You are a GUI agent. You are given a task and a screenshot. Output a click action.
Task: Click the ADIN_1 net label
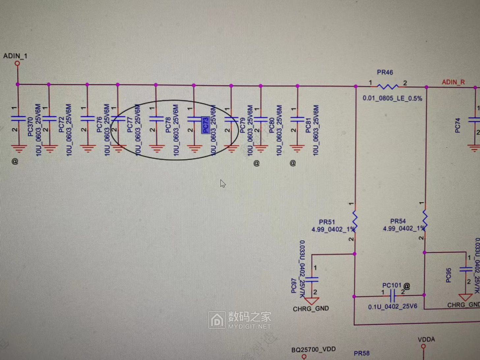tap(15, 56)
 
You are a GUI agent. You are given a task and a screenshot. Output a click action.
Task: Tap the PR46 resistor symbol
tap(387, 86)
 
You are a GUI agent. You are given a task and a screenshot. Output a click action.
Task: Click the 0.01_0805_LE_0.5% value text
tap(392, 98)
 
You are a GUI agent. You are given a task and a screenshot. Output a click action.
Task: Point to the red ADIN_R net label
tap(453, 82)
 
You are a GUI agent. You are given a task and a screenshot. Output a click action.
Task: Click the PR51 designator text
tap(327, 222)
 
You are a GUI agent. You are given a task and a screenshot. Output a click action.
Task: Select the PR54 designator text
tap(398, 221)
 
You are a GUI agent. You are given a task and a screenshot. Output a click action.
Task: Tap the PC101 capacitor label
tap(392, 285)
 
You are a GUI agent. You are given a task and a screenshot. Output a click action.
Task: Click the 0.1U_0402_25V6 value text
tap(392, 307)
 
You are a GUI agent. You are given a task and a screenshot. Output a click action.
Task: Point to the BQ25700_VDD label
tap(313, 349)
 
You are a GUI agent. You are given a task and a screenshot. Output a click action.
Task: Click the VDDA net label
tap(426, 340)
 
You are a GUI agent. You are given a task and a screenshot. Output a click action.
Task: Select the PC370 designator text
tap(31, 127)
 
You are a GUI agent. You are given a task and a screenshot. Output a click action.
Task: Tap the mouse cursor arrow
tap(223, 183)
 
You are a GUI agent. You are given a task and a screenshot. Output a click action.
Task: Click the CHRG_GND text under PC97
tap(311, 309)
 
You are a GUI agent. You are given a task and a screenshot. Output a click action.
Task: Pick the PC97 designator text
tap(294, 286)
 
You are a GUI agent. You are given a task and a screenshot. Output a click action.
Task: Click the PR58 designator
tap(362, 353)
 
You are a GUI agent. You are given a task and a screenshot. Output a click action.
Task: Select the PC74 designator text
tap(458, 126)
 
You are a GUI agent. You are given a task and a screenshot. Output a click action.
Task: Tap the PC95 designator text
tap(448, 275)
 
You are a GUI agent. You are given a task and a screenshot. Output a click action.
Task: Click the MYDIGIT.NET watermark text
tap(249, 326)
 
